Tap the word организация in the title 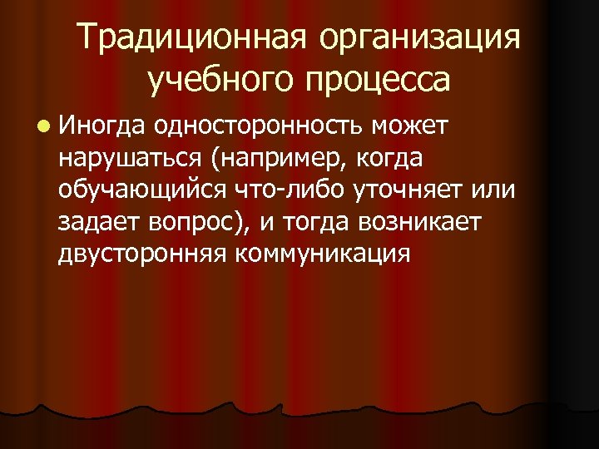425,40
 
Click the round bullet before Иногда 42,126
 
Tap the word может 411,126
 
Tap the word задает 97,221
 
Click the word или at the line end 493,190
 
